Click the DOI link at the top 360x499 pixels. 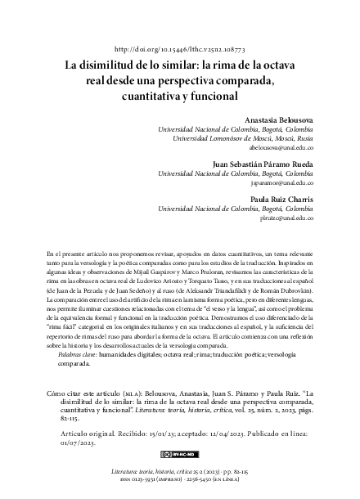click(x=180, y=51)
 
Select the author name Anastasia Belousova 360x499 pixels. click(x=278, y=119)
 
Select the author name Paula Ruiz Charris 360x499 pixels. click(x=280, y=200)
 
